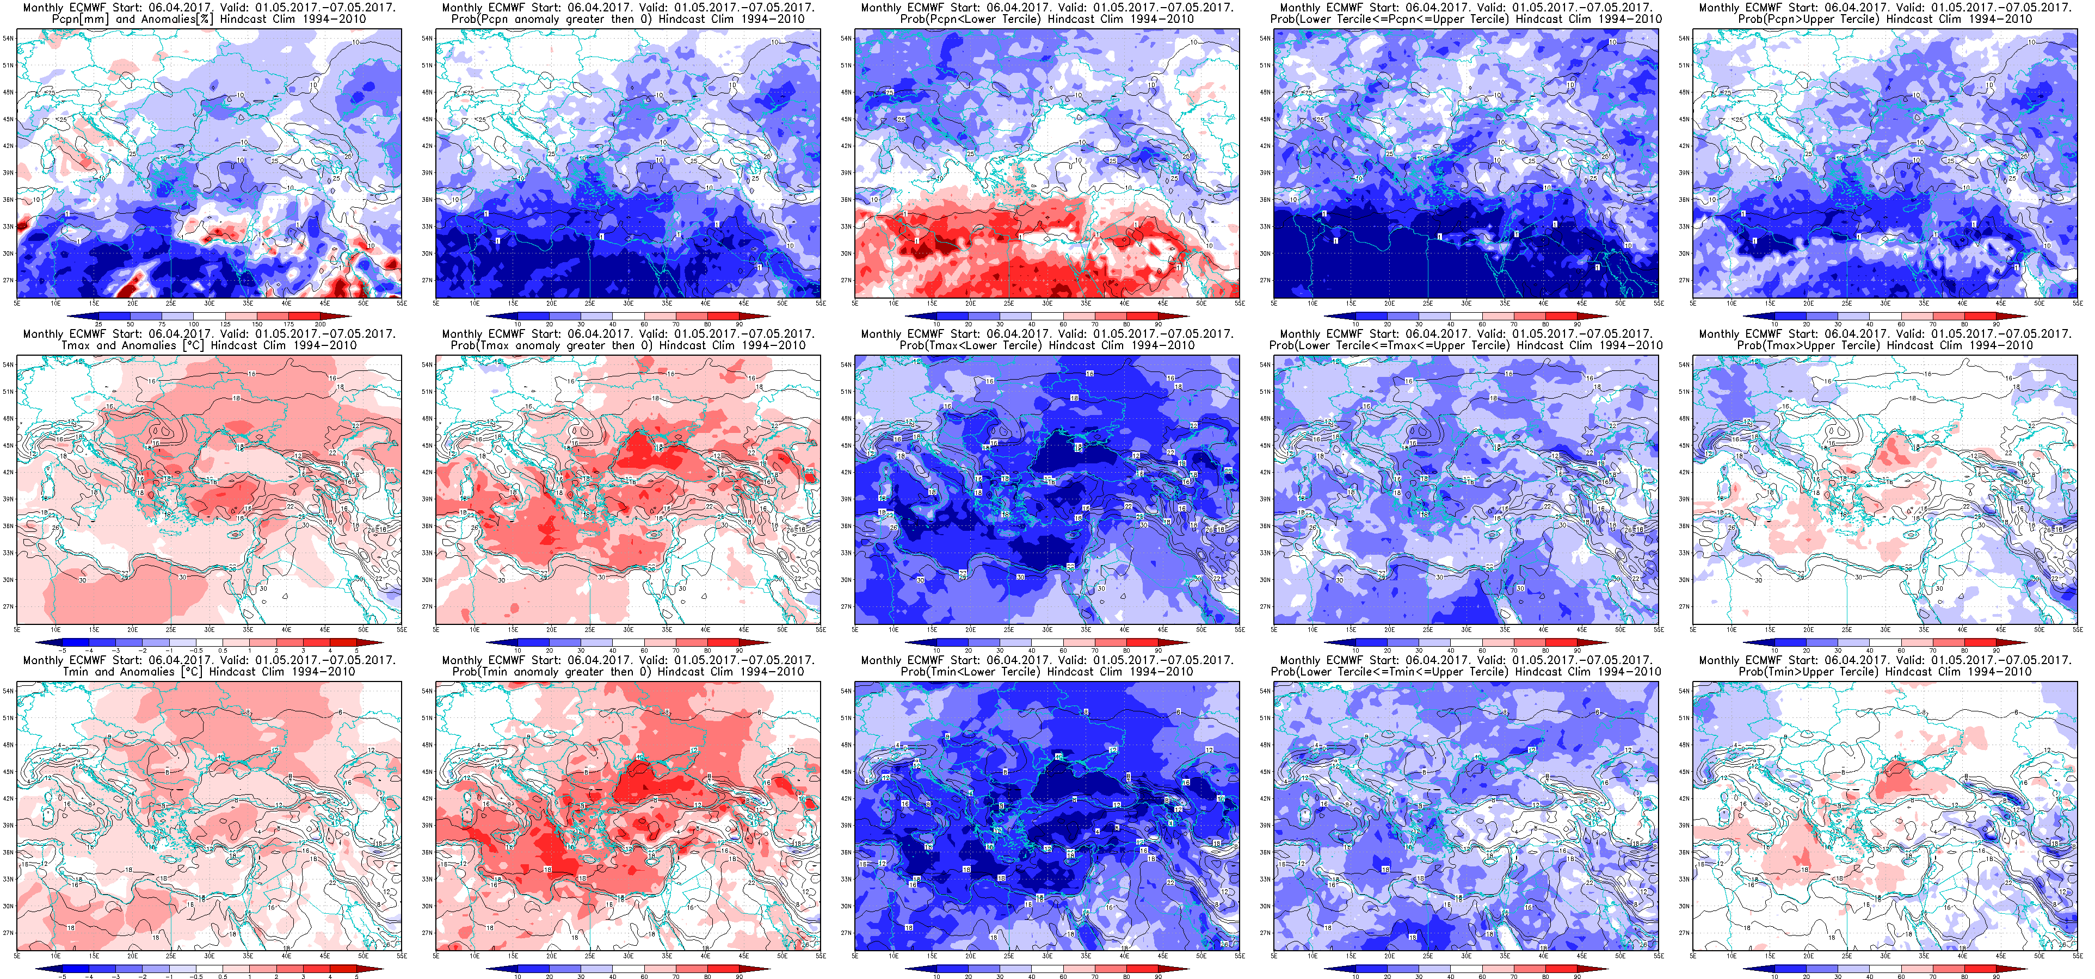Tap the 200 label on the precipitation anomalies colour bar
click(x=321, y=324)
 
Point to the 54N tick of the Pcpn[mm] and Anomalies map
click(x=8, y=38)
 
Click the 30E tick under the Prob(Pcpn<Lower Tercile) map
click(x=1047, y=303)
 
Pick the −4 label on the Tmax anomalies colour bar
click(x=89, y=650)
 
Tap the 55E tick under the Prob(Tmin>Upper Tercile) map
click(x=2076, y=956)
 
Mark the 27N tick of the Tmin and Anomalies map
click(x=8, y=933)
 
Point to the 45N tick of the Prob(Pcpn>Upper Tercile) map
click(x=1684, y=119)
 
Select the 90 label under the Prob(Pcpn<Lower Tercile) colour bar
click(x=1158, y=324)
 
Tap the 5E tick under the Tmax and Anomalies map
click(x=17, y=629)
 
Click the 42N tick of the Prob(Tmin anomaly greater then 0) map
click(x=427, y=798)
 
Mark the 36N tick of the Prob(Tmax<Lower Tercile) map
click(x=846, y=526)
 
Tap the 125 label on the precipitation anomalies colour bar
click(x=226, y=324)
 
